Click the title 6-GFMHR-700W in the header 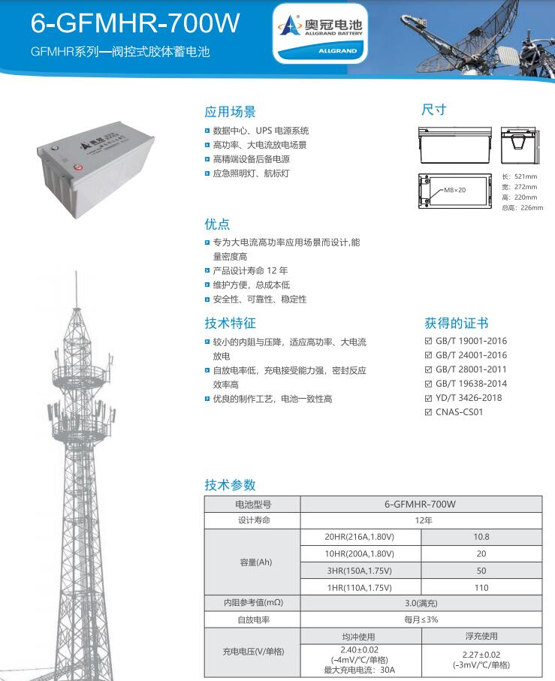click(135, 23)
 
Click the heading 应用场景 click(231, 112)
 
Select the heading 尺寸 click(433, 110)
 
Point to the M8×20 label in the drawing click(454, 190)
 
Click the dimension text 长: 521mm click(519, 176)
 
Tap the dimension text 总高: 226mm click(521, 207)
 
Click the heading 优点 click(217, 224)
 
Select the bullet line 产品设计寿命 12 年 click(250, 270)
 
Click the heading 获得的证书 click(457, 324)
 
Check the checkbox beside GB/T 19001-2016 click(429, 341)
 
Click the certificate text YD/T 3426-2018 click(469, 397)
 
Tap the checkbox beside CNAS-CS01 click(429, 411)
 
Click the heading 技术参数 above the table click(231, 484)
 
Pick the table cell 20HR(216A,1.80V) click(360, 537)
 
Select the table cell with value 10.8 click(481, 537)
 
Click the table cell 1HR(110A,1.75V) click(360, 587)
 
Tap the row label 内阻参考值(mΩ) click(252, 603)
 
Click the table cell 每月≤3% click(421, 620)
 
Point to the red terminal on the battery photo click(77, 167)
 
